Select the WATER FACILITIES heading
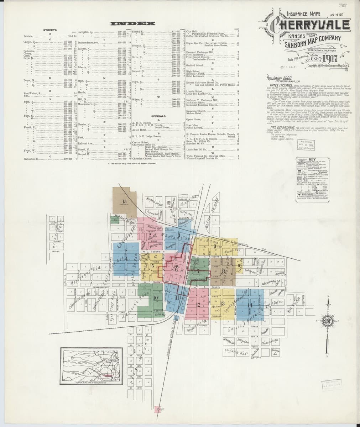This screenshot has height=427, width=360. point(280,85)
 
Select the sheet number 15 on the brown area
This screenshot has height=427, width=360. point(124,201)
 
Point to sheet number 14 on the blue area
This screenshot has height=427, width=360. point(250,305)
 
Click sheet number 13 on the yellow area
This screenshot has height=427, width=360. point(223,303)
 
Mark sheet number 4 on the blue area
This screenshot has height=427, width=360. point(116,254)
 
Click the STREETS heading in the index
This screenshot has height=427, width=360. point(49,30)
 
